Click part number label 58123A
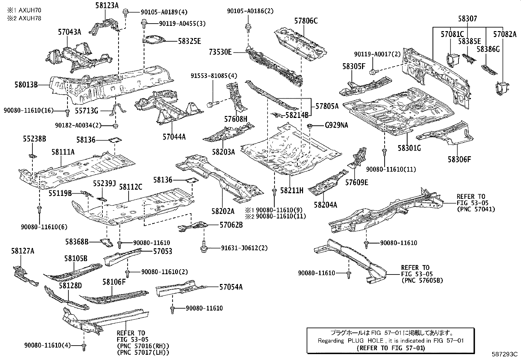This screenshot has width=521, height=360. (108, 5)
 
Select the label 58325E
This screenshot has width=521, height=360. (189, 41)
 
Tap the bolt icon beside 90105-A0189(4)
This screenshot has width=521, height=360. (125, 13)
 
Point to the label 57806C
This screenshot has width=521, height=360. (306, 21)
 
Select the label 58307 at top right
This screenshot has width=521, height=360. (467, 19)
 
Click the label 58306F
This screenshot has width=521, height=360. (459, 160)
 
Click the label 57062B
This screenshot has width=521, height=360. (231, 225)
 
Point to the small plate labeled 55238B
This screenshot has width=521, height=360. (33, 155)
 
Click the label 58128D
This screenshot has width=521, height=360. (70, 286)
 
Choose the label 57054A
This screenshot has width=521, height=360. (231, 287)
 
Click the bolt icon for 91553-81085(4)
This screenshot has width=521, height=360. (211, 105)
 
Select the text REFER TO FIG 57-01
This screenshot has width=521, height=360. (390, 348)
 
